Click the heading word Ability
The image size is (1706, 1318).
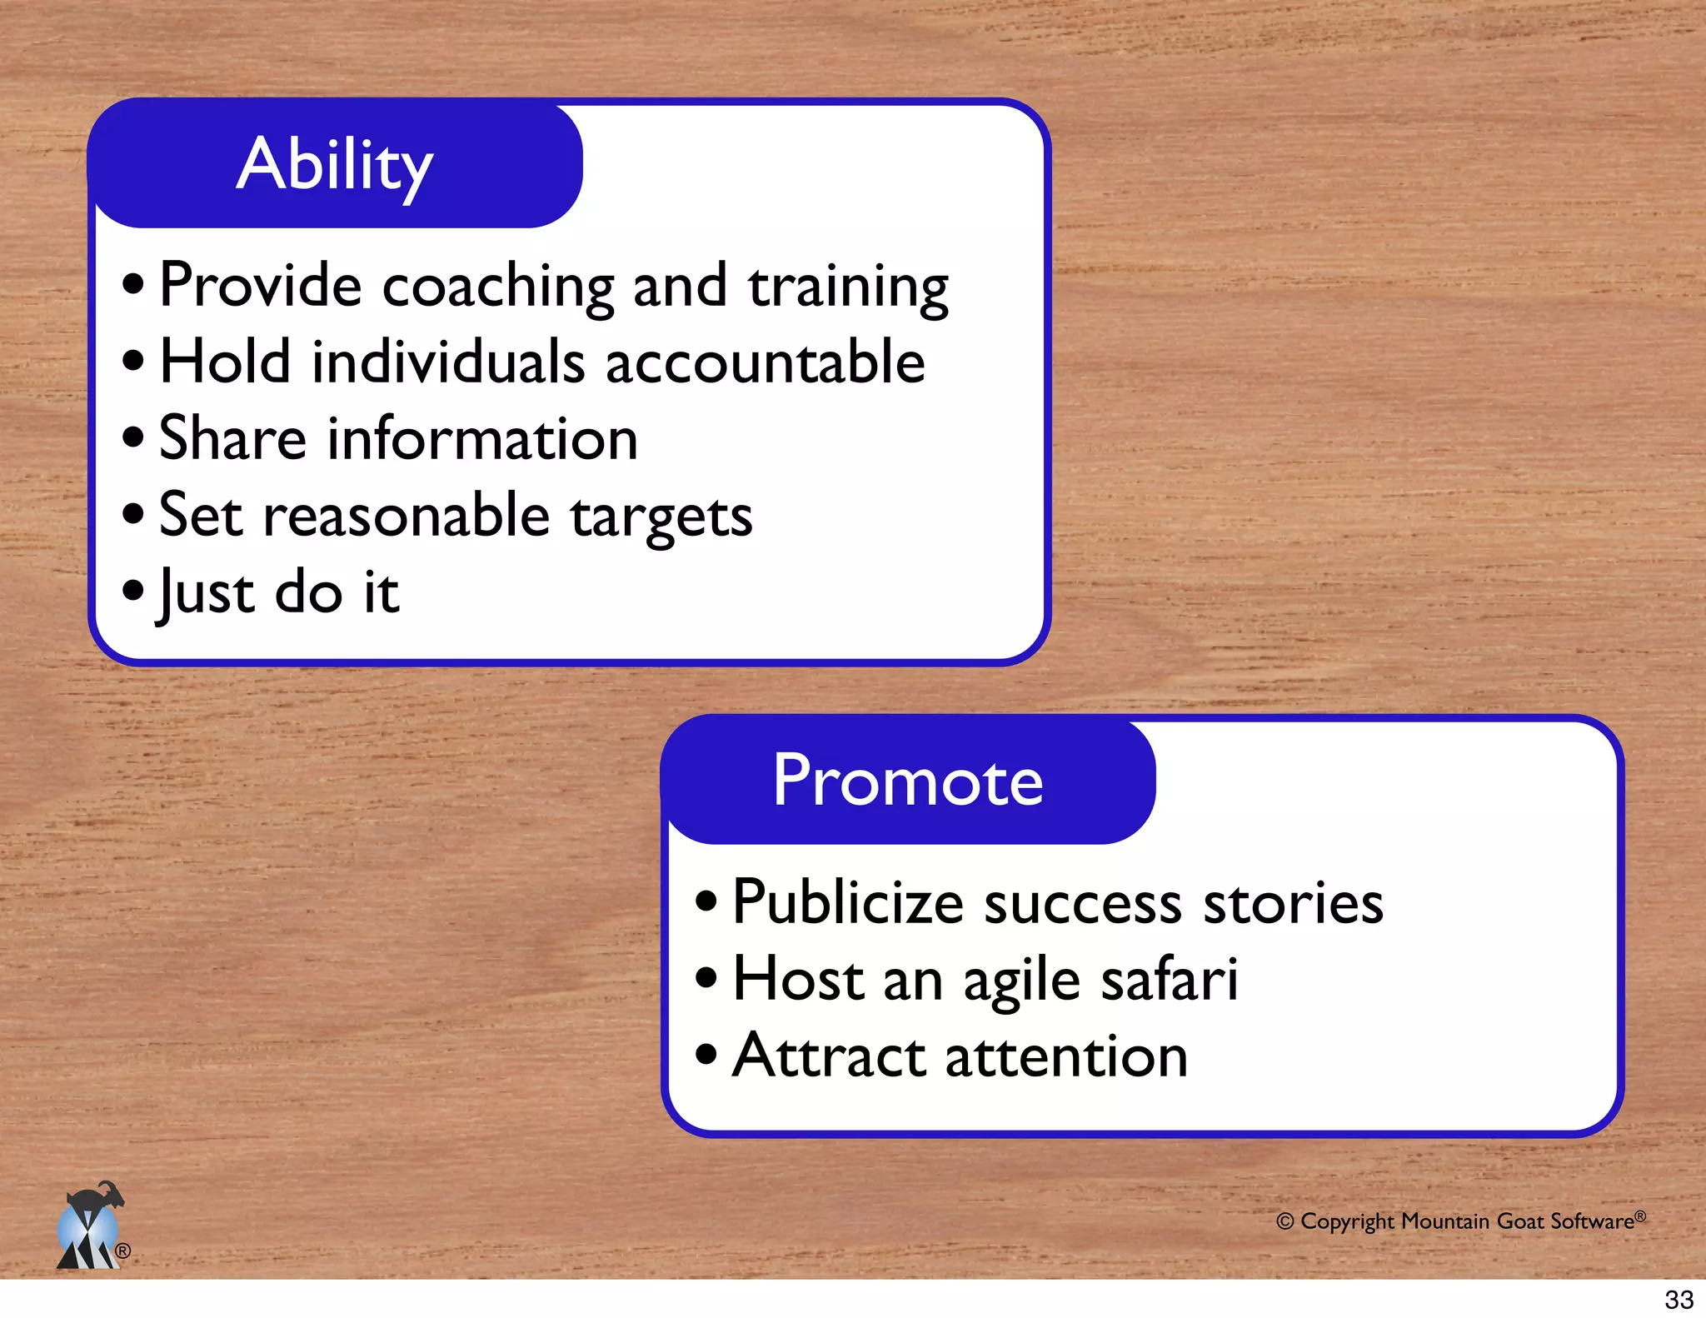tap(334, 165)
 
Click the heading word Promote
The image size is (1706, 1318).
tap(907, 781)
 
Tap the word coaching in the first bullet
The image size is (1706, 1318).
tap(497, 287)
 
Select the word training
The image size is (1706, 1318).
tap(847, 287)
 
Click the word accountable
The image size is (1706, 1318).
tap(765, 363)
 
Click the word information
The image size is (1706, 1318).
tap(482, 440)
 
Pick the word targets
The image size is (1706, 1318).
tap(661, 517)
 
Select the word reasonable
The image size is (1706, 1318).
tap(407, 516)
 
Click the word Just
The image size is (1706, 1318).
tap(207, 593)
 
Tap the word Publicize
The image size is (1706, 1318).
tap(847, 903)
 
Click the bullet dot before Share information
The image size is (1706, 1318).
tap(132, 437)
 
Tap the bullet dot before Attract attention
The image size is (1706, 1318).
tap(706, 1054)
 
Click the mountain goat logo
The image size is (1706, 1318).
tap(90, 1226)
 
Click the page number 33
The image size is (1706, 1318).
tap(1679, 1300)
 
